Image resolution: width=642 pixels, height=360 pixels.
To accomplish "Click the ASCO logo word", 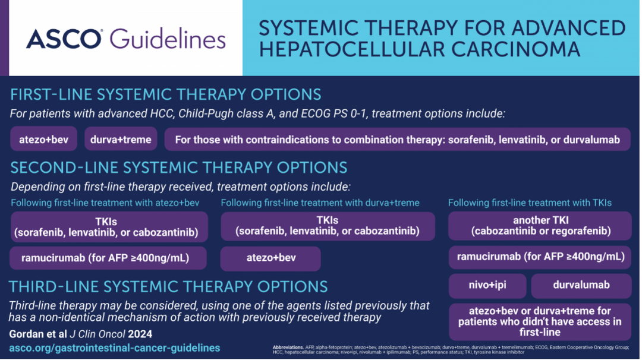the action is point(64,39).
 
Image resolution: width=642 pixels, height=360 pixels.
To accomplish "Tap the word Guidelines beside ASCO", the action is point(168,39).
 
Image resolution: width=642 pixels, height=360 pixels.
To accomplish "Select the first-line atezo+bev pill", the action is point(44,140).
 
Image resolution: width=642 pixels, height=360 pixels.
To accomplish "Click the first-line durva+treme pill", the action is point(121,140).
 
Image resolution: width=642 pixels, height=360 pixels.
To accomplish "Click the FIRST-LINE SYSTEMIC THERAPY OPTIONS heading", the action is point(166,94).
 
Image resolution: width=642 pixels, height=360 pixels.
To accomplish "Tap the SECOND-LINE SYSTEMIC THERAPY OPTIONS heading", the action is point(179,168).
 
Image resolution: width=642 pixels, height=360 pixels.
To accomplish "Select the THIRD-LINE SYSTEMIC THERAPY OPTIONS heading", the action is point(168,287).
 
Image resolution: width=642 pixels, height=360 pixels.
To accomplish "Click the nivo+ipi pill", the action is point(487,285).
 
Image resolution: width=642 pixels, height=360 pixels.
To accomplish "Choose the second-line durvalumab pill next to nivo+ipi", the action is point(581,285).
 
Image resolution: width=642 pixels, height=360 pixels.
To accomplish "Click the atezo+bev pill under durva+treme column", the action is point(270,258).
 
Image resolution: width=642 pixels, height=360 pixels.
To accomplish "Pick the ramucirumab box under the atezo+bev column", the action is point(108,258).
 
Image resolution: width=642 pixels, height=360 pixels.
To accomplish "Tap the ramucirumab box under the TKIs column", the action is point(540,257).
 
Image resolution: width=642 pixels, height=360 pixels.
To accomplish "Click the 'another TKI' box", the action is point(540,226).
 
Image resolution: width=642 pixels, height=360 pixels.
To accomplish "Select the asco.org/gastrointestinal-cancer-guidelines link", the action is point(115,348).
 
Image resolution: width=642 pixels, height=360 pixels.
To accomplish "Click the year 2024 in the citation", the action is point(140,334).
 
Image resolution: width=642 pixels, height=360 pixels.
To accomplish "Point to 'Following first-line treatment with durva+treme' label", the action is point(320,203).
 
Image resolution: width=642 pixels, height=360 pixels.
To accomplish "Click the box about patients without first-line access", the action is point(540,321).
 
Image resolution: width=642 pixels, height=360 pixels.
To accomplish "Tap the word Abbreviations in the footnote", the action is point(288,348).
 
